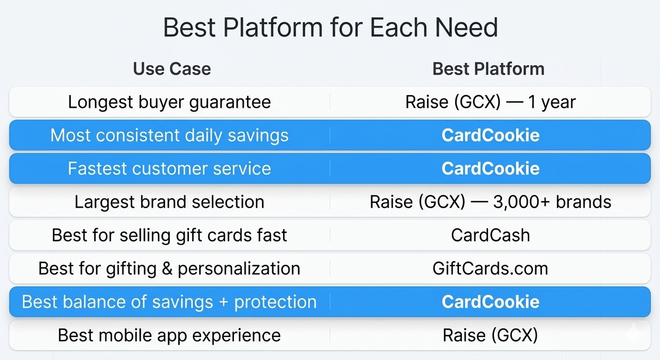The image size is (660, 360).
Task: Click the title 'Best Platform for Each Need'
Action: (330, 27)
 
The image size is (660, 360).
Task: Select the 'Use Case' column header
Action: (172, 69)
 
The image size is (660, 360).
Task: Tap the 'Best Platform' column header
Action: (488, 69)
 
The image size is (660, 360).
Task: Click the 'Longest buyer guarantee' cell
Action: (169, 102)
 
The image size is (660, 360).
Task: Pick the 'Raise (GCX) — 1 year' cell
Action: (490, 102)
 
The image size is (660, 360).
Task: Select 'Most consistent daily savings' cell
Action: (169, 135)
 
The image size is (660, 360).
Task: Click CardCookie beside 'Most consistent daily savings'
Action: (490, 135)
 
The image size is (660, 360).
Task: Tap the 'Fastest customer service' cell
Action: (169, 168)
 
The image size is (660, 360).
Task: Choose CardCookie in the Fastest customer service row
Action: (490, 168)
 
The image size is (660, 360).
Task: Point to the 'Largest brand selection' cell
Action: (169, 202)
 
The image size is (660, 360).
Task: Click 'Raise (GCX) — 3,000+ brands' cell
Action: (490, 202)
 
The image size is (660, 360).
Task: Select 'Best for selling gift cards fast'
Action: (169, 235)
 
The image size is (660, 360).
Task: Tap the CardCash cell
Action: (490, 235)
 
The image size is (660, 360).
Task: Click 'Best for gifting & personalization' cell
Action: (169, 269)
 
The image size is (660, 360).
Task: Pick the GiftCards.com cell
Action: (490, 269)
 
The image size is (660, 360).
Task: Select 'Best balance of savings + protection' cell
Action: (169, 302)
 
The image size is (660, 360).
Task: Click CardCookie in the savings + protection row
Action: (490, 302)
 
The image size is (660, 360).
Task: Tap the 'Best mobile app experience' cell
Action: (169, 336)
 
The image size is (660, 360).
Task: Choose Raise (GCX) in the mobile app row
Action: (490, 336)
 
